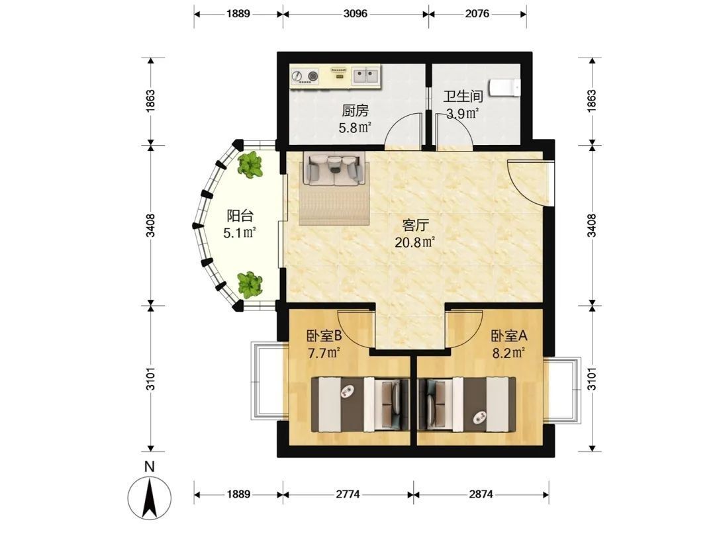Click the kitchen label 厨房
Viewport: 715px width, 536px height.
point(356,111)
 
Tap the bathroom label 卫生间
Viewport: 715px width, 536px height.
point(463,97)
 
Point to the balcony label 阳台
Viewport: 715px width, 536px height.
point(240,216)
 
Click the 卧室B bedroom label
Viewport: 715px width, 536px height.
point(324,336)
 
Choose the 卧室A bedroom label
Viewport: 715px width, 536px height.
point(509,336)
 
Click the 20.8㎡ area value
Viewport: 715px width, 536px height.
point(414,242)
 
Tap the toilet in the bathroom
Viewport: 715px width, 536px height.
point(504,87)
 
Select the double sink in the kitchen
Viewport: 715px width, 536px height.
point(365,75)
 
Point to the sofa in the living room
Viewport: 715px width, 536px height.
point(334,169)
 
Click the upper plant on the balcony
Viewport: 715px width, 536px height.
point(250,165)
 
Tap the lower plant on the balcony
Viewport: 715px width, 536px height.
point(250,285)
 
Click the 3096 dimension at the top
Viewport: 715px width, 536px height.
point(356,14)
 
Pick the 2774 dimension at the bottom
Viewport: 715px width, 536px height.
point(348,494)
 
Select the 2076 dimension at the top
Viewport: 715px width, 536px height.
point(477,14)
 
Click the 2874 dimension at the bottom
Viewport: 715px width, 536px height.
point(481,494)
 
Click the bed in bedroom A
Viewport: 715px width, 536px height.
point(467,404)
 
